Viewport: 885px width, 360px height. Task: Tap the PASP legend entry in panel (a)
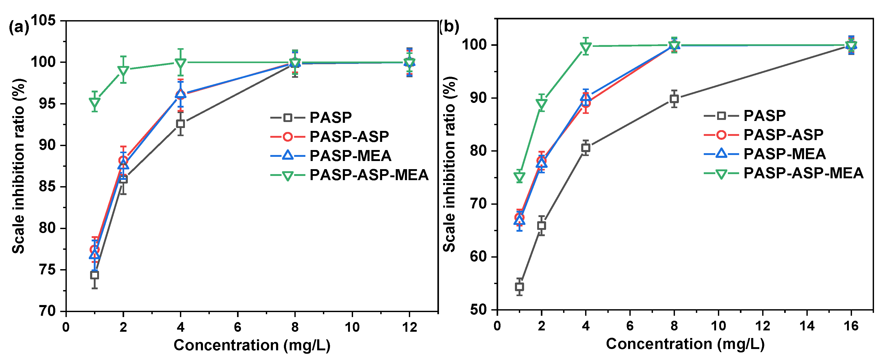(x=311, y=118)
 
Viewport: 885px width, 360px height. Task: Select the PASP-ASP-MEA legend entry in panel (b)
(x=783, y=173)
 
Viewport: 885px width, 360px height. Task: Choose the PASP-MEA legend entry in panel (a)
(x=331, y=156)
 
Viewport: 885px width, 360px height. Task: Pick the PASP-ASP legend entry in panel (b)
(x=763, y=135)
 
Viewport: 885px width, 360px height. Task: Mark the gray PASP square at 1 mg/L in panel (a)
(x=95, y=275)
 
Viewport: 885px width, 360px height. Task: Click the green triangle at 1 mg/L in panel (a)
(x=95, y=102)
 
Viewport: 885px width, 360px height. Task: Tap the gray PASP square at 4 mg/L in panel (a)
(x=180, y=124)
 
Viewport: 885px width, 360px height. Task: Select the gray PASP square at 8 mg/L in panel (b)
(x=674, y=99)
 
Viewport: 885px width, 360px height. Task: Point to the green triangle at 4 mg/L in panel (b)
(x=586, y=47)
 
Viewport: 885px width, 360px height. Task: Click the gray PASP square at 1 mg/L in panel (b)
(x=519, y=286)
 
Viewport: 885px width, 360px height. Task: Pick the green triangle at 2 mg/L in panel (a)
(x=123, y=71)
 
